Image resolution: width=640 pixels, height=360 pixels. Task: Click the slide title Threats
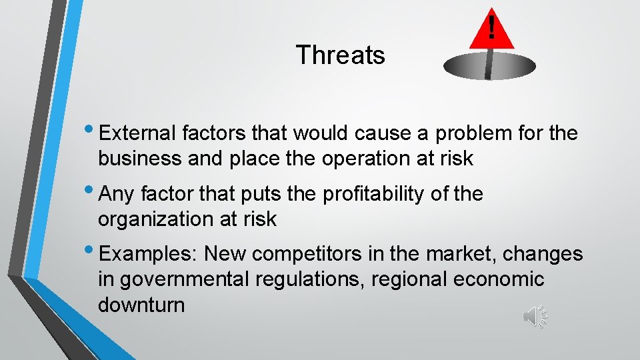(x=340, y=55)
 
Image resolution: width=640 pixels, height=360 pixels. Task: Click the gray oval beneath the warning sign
(x=489, y=66)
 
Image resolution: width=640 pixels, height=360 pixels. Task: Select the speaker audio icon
(x=535, y=316)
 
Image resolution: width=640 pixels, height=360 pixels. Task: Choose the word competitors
(x=311, y=254)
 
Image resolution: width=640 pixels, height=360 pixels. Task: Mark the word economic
(x=499, y=279)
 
